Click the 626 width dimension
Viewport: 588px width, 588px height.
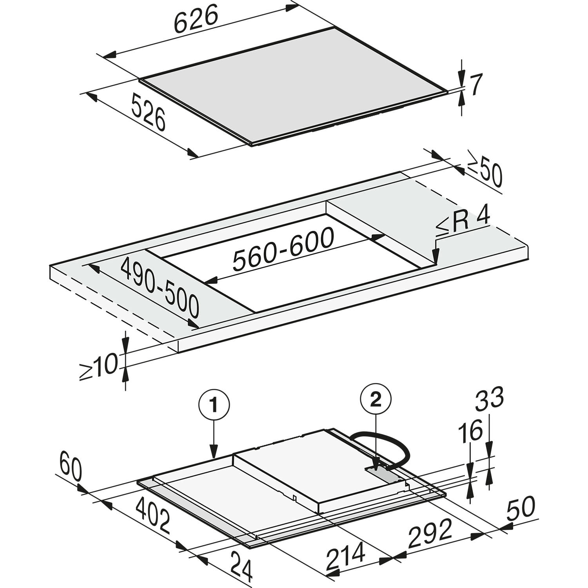(x=195, y=20)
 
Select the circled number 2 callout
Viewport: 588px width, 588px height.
(x=376, y=399)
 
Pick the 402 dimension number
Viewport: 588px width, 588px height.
(x=153, y=516)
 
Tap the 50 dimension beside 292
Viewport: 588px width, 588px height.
(x=521, y=508)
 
